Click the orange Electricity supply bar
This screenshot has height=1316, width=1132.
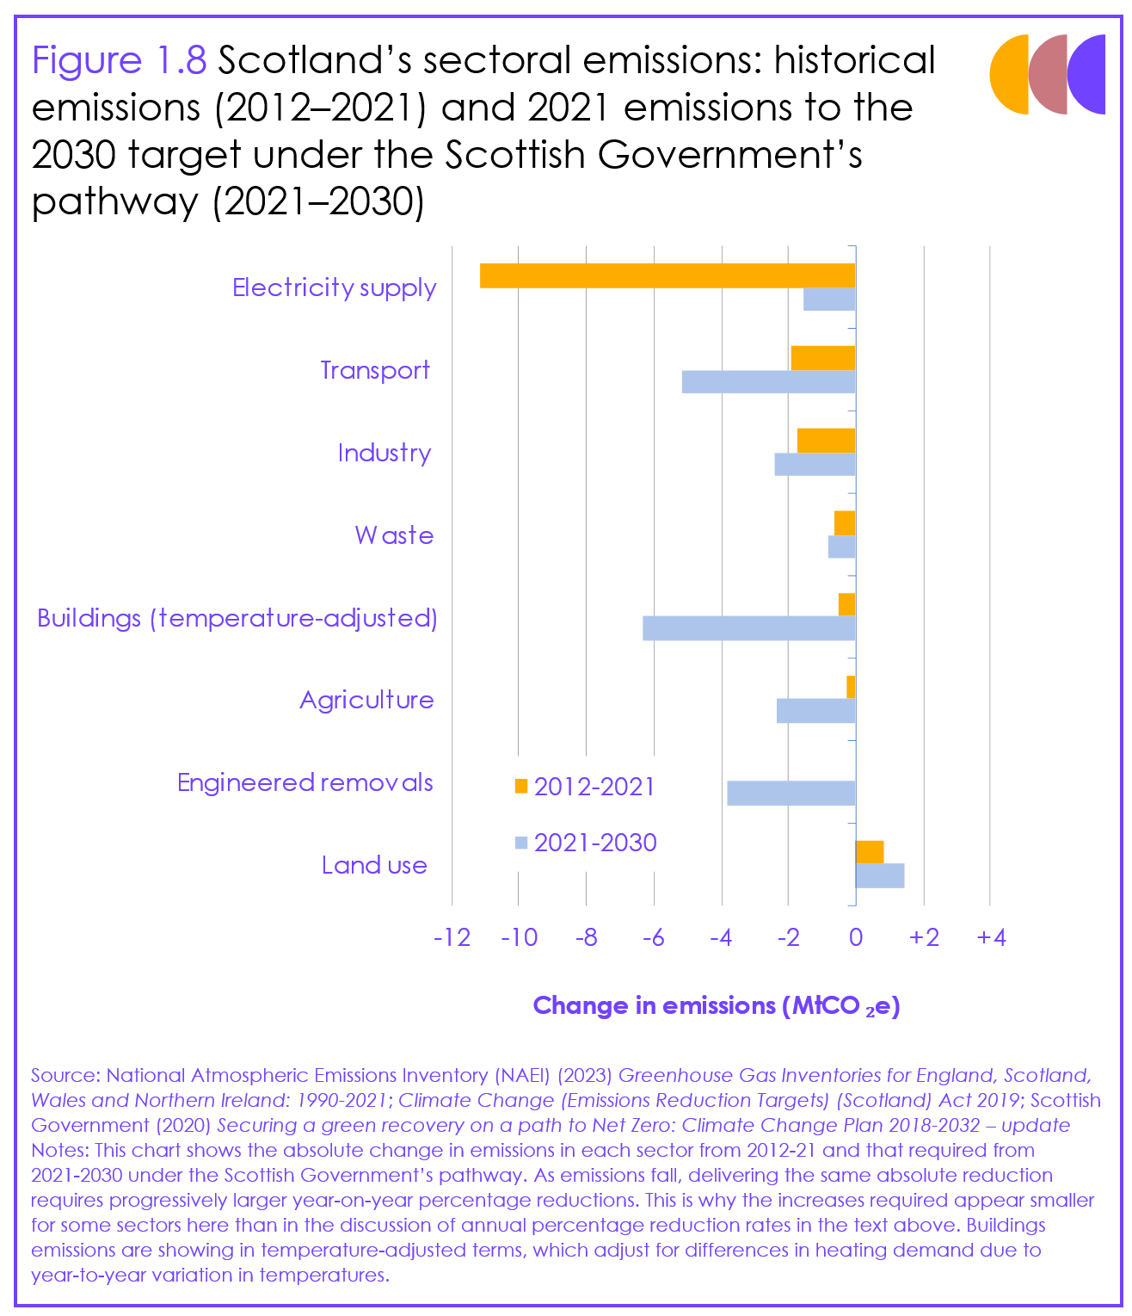[x=667, y=275]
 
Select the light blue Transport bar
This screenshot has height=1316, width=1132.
[x=768, y=381]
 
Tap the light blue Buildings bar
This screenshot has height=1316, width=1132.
[x=748, y=628]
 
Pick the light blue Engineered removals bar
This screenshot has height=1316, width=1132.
[x=791, y=793]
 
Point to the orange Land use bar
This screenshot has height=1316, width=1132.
[x=869, y=851]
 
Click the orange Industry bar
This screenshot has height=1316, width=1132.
[x=826, y=440]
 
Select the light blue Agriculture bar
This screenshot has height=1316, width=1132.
[x=815, y=711]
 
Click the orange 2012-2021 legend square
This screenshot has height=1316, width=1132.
[x=520, y=786]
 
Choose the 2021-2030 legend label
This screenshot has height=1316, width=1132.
[x=595, y=843]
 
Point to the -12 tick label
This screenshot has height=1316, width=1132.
[x=452, y=937]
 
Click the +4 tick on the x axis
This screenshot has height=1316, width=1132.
[x=991, y=937]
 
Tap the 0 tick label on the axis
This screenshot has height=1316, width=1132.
[x=855, y=937]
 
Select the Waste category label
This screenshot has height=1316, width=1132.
[x=394, y=535]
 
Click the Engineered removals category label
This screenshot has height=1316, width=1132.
[x=305, y=782]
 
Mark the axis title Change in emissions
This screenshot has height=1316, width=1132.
[x=716, y=1006]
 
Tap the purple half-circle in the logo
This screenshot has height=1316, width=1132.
[x=1088, y=74]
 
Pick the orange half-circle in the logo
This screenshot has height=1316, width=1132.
[x=1008, y=74]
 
